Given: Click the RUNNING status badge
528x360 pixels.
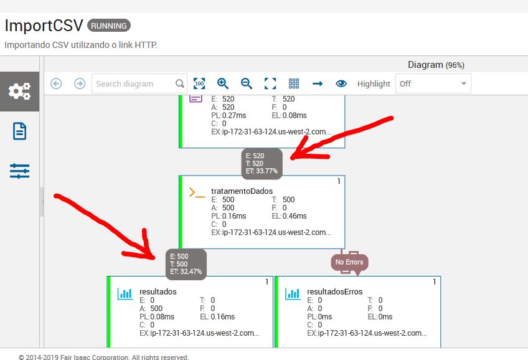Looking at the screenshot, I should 109,26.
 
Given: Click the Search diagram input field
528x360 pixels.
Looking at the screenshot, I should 133,83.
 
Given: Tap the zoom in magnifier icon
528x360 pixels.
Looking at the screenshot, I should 223,83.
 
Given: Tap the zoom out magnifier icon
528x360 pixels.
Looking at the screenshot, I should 247,83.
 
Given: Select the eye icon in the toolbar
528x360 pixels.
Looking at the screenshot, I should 341,83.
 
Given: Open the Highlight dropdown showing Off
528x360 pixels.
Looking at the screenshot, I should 433,83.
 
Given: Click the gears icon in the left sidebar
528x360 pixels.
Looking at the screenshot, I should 19,92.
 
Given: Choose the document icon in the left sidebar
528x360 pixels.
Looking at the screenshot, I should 19,131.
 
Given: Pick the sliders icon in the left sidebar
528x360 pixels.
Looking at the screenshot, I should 19,171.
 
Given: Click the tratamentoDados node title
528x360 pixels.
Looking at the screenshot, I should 242,191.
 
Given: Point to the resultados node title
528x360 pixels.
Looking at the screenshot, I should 158,291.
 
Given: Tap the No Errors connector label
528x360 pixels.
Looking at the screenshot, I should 349,262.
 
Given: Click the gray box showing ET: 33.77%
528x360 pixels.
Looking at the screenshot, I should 262,163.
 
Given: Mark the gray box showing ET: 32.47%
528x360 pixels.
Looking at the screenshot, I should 186,264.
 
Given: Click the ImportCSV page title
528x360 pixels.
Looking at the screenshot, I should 43,26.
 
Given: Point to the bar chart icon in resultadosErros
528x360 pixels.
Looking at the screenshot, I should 293,293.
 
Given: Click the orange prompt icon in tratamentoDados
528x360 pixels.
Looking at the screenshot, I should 197,193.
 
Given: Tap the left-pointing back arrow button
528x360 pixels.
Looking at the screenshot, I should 56,83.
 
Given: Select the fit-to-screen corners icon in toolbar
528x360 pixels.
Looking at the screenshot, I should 270,83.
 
